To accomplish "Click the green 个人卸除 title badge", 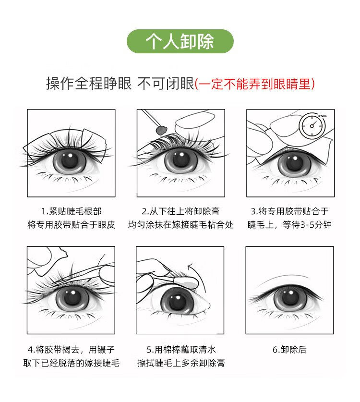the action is [x=180, y=41].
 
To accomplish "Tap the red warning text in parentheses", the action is [x=255, y=84].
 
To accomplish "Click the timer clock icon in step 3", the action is [x=312, y=126].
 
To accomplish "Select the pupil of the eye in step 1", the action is [x=69, y=159].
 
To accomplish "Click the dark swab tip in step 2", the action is [x=161, y=130].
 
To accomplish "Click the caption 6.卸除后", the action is [x=289, y=350].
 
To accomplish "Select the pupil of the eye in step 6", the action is [x=290, y=297].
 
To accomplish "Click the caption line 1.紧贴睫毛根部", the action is [x=72, y=211].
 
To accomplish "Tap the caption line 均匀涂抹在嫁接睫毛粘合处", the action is [x=181, y=225].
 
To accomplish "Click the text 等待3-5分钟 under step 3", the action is [x=307, y=225].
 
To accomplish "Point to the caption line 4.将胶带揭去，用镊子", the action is [x=71, y=350].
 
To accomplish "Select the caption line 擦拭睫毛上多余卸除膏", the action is [x=181, y=363].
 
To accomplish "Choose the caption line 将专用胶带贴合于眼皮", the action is [x=71, y=225].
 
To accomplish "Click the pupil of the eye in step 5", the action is [x=177, y=301].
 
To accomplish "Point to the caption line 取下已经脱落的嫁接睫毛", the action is [x=71, y=363].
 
